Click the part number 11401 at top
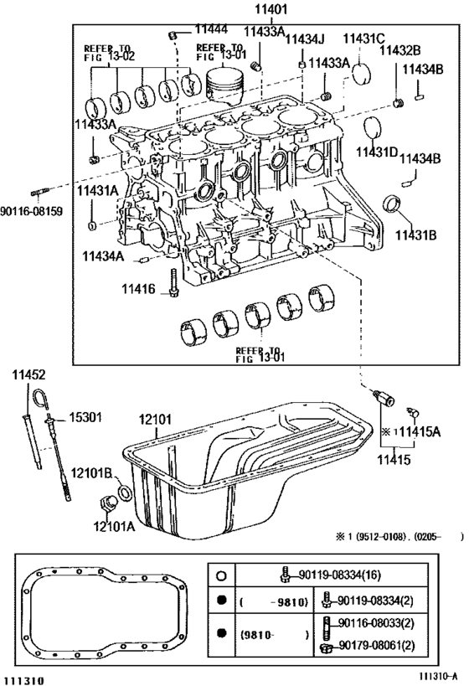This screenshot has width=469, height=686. coord(271,9)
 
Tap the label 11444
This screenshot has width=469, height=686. coord(211,29)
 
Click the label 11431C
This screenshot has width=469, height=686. coord(363,39)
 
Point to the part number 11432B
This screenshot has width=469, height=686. coord(399,51)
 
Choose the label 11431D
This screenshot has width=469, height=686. coord(377,152)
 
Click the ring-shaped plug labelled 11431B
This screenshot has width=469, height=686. coord(392,204)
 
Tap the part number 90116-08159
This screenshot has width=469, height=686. coord(32,211)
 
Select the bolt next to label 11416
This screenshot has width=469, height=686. coord(173,282)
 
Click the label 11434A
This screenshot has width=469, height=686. coord(103,256)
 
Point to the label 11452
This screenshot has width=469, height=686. coord(28,375)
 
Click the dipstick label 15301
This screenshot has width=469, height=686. coord(85,417)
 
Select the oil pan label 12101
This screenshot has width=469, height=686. coord(155,420)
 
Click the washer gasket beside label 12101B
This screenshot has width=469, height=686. coord(125,493)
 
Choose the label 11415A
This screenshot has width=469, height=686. coord(420,432)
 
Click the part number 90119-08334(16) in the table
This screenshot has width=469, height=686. coord(339,575)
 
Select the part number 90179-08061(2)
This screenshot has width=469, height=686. coord(376,645)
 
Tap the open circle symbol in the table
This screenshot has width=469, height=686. coord(222,575)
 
